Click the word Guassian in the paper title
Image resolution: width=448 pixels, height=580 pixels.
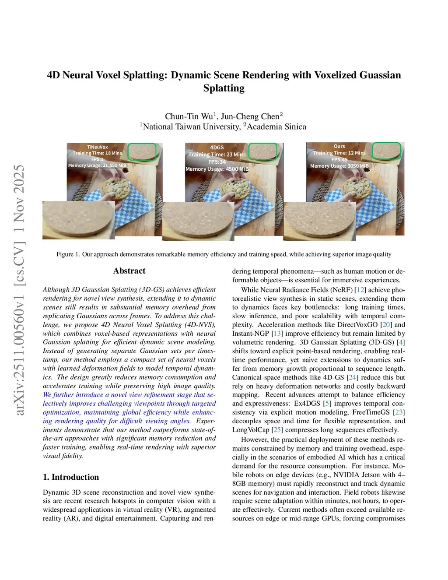[380, 75]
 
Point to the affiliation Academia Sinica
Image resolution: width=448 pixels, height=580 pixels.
[276, 127]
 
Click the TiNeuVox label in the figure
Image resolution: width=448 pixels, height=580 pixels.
[97, 147]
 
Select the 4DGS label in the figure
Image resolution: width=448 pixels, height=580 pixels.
[217, 148]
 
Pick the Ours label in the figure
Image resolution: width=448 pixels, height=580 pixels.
[339, 146]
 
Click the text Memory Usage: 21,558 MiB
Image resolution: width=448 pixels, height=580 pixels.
[97, 165]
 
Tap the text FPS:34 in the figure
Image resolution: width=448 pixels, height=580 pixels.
[217, 162]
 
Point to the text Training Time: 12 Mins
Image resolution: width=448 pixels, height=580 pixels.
[339, 153]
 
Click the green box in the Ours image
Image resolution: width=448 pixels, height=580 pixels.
[386, 151]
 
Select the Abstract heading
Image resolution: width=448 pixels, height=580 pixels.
[129, 271]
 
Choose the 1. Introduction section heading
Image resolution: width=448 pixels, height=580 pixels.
[71, 477]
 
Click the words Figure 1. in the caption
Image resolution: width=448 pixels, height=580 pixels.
[68, 254]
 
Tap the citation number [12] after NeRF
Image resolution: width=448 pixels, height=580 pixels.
[360, 290]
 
